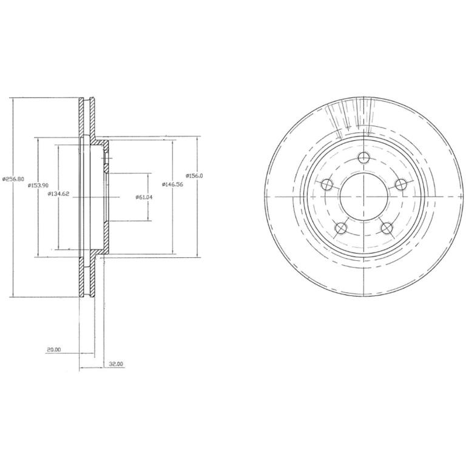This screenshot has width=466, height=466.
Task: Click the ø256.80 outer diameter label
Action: [13, 179]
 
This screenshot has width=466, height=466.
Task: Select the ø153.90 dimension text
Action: [38, 185]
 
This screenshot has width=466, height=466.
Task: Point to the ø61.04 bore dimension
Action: [144, 197]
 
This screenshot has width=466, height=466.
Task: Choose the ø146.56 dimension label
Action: [173, 184]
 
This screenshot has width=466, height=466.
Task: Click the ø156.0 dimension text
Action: [194, 175]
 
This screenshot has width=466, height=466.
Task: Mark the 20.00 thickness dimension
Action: [53, 349]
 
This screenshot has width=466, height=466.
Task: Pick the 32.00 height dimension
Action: [116, 364]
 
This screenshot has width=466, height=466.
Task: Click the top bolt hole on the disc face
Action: [363, 157]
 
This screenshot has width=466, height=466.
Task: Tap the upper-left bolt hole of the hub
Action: [327, 184]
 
